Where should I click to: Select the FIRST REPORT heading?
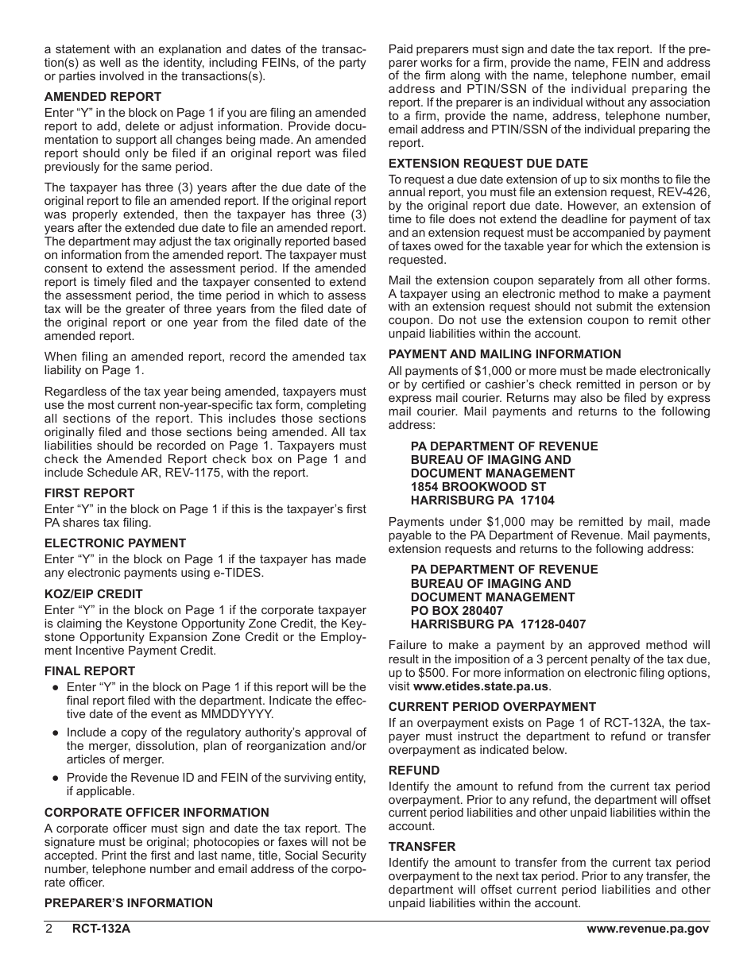pos(89,493)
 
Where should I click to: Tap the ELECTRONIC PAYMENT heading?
pos(114,543)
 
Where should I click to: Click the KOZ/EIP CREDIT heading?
pos(93,594)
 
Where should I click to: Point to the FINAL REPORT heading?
pos(89,671)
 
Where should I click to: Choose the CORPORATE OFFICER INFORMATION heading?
pos(156,813)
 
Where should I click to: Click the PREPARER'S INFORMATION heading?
pos(128,903)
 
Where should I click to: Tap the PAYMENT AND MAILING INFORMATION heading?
pos(515,354)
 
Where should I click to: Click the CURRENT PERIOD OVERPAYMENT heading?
pos(503,707)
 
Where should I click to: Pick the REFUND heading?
pos(413,771)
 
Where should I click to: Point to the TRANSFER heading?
pos(421,847)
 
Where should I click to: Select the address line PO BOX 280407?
pos(457,611)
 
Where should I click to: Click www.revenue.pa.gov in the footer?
pos(648,929)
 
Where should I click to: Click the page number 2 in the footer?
pos(48,929)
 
